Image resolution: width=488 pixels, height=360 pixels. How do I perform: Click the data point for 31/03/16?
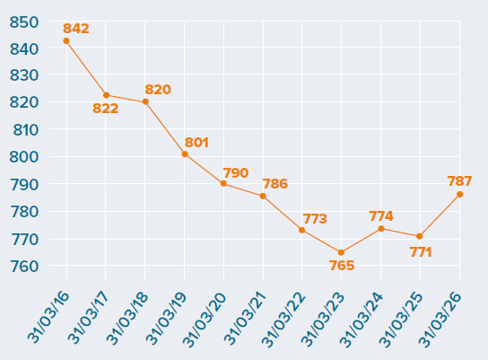pos(66,40)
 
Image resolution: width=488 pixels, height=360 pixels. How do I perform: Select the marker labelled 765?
pos(341,252)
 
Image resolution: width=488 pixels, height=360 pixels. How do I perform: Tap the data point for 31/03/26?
pos(459,194)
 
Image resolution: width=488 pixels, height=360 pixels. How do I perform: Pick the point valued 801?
pos(185,154)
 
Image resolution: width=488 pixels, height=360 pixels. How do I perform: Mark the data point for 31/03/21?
pos(263,197)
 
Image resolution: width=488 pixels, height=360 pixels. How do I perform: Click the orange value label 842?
pos(76,29)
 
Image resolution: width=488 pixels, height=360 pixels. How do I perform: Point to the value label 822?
pos(106,109)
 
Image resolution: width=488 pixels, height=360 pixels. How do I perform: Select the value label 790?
pos(236,173)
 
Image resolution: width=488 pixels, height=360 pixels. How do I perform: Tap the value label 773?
pos(315,219)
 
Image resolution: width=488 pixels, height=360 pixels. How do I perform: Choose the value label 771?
pos(421,252)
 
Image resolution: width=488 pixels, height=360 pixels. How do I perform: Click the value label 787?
pos(459,181)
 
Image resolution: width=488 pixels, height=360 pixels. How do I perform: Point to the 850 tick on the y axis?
pos(24,22)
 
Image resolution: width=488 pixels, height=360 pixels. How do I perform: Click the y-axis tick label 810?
pos(25,130)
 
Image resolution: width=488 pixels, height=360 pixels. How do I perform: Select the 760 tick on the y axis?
pos(24,267)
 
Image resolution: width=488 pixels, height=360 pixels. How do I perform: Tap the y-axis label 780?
pos(24,212)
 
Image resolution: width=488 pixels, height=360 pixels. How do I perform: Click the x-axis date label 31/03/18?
pos(127,319)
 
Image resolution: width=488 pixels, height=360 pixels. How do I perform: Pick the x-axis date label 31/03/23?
pos(323,320)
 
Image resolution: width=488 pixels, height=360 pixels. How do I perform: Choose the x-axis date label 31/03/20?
pos(205,320)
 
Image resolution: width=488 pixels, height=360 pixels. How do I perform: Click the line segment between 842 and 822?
pos(86,68)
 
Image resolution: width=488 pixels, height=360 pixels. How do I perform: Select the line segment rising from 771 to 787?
pos(440,215)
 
